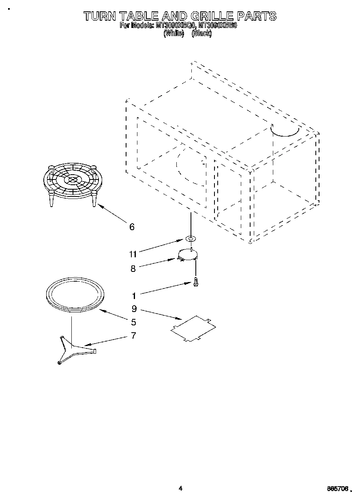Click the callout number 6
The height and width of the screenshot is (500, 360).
tap(132, 227)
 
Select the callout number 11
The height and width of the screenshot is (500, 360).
tap(133, 254)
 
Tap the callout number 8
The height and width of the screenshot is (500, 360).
tap(133, 268)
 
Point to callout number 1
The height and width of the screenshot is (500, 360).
tap(134, 296)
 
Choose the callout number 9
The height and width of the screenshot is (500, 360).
tap(134, 309)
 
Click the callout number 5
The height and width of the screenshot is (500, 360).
tap(133, 323)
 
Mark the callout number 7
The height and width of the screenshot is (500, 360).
tap(133, 336)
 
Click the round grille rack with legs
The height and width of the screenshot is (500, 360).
tap(71, 181)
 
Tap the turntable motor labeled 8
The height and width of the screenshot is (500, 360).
tap(188, 255)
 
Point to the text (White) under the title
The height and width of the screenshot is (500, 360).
tap(173, 34)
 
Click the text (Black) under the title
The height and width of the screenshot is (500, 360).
tap(201, 34)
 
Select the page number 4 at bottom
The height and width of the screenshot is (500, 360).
tap(180, 489)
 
